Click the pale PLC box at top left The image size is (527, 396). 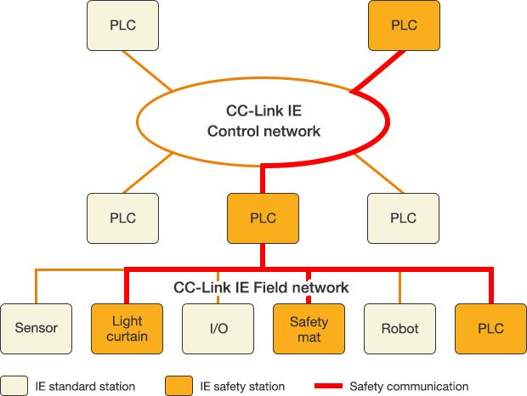point(122,25)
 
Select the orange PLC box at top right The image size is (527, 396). point(404,25)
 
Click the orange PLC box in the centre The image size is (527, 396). point(263,218)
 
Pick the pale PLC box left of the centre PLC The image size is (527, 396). point(122,218)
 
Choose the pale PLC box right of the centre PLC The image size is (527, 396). point(404,218)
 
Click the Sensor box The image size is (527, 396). point(37,328)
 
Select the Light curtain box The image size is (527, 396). point(127,328)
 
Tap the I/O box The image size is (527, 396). point(218,328)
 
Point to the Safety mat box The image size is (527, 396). point(309,328)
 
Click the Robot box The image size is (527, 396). point(399,328)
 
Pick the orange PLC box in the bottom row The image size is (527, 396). point(490,328)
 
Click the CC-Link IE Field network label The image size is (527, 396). point(261,287)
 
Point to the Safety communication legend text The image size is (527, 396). point(409,386)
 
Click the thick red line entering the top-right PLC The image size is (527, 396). point(378,70)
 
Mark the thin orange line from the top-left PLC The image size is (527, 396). point(148,70)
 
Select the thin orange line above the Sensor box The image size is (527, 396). point(36,286)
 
